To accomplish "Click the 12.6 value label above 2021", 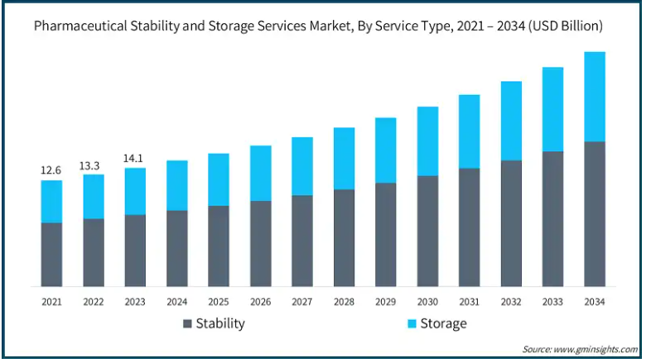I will pos(51,170).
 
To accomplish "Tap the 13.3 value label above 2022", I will pos(93,165).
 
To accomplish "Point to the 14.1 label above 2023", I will pos(135,158).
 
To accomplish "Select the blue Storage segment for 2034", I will pos(594,97).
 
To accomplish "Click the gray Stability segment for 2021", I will pos(51,254).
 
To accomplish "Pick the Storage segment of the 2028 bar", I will pos(344,158).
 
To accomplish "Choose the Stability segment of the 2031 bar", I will pos(469,227).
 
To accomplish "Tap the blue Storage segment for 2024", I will pos(176,185).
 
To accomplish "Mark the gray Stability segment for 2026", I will pos(260,243).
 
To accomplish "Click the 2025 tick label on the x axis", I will pos(218,302).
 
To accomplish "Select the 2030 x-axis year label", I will pos(427,302).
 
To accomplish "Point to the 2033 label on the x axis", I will pos(552,302).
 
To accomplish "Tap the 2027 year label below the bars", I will pos(301,302).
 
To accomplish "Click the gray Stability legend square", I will pos(186,323).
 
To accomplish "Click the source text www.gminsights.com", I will pos(596,349).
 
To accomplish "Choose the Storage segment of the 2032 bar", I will pos(511,121).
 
